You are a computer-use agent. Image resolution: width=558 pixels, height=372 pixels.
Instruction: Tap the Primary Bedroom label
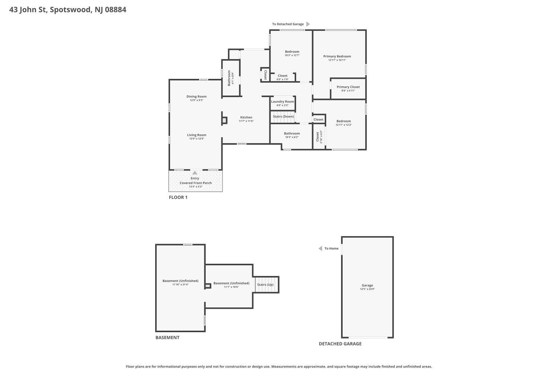[337, 56]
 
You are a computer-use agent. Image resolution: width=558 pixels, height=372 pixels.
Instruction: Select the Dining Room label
[196, 96]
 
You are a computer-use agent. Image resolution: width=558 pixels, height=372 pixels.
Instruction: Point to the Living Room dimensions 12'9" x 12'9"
[196, 139]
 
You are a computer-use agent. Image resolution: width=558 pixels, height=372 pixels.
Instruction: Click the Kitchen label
[246, 117]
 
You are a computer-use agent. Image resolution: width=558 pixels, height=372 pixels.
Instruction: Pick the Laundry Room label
[282, 102]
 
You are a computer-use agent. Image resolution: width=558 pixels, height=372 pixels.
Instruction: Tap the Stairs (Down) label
[283, 116]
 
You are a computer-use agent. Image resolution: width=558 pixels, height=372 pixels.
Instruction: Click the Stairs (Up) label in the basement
[265, 285]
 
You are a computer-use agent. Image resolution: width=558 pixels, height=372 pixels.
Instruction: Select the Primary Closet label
[348, 87]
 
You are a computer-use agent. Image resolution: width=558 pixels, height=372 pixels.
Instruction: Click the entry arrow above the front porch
[195, 173]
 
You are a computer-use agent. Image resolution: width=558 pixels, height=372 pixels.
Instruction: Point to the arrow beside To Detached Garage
[308, 24]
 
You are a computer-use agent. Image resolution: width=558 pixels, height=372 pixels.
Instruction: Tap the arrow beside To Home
[320, 248]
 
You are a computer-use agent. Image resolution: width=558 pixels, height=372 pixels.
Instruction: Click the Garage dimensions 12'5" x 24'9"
[367, 289]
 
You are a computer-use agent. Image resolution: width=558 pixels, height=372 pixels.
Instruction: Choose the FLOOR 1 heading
[178, 197]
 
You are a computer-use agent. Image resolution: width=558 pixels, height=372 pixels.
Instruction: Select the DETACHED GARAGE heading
[340, 344]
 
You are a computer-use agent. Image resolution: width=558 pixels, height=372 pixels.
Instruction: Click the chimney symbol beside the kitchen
[224, 121]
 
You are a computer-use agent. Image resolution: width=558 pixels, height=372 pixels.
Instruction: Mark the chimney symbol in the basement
[208, 286]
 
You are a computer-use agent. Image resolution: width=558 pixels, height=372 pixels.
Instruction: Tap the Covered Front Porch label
[196, 183]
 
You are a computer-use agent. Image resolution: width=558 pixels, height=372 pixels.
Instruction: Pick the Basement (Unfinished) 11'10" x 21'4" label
[180, 282]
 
